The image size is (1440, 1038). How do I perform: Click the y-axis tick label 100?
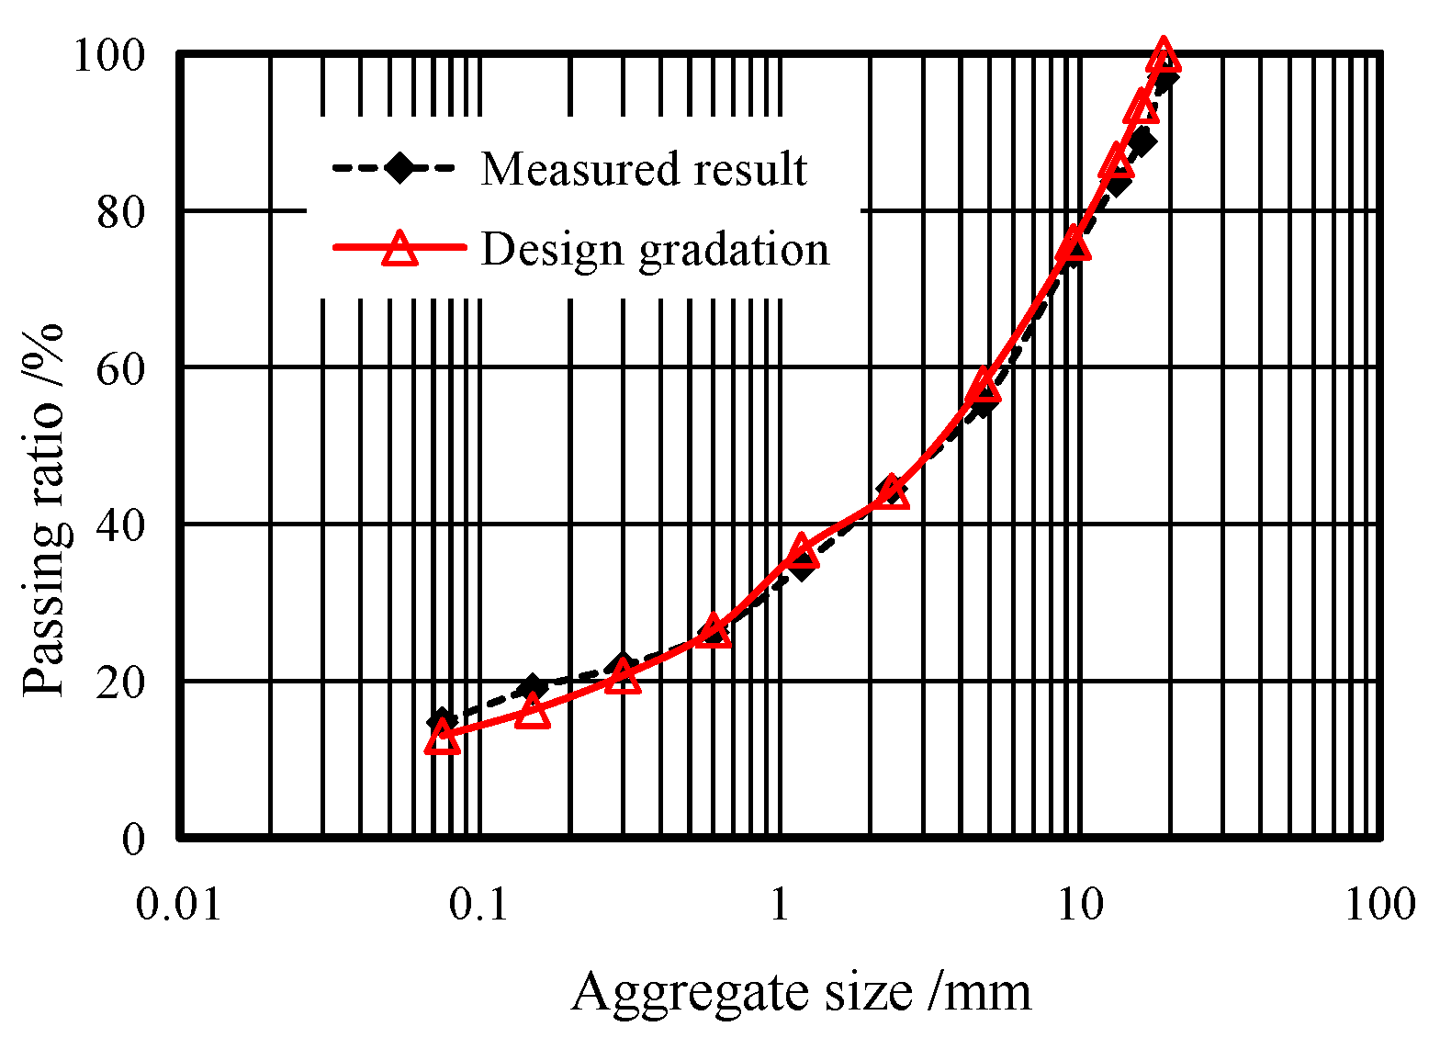pos(108,56)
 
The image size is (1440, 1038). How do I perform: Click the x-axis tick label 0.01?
pos(179,904)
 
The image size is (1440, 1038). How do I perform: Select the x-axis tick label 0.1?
pos(478,904)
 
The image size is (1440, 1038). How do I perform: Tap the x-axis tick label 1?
pos(780,904)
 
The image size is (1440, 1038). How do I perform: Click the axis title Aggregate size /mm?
pos(801,992)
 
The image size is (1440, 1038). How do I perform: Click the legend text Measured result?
pos(644,169)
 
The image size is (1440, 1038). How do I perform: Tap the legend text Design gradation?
pos(655,249)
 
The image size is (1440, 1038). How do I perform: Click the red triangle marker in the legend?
pos(399,249)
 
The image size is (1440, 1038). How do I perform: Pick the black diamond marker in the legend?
pos(399,168)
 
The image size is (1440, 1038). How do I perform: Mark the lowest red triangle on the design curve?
pos(442,737)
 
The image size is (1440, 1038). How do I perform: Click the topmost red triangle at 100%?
pos(1164,54)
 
